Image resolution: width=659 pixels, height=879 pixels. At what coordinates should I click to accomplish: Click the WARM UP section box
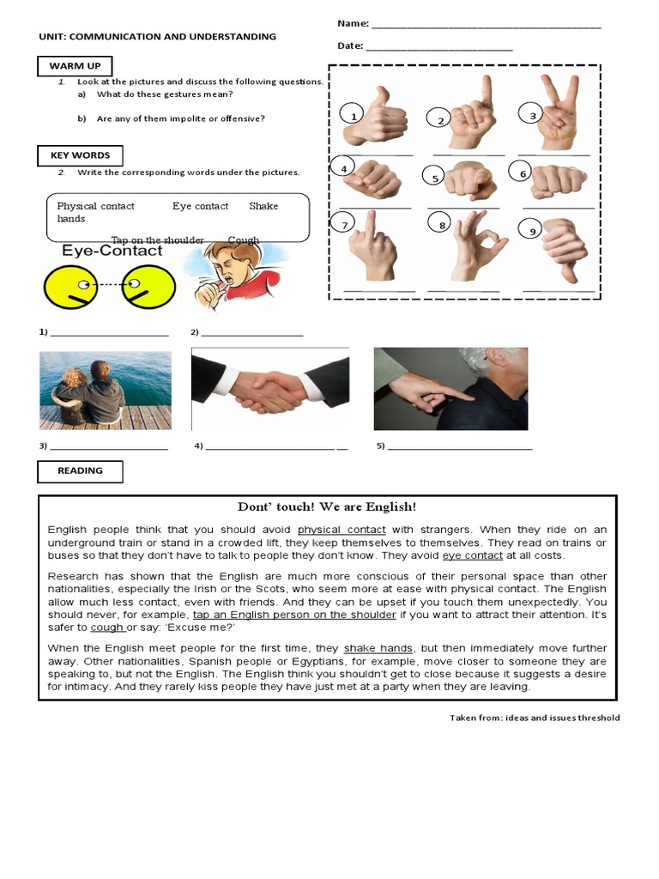(75, 66)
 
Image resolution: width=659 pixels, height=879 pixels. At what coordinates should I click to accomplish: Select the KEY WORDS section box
(80, 155)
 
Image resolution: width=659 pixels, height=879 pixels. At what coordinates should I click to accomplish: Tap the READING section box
(80, 471)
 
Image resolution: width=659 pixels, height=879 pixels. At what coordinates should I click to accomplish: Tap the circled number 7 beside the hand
(343, 225)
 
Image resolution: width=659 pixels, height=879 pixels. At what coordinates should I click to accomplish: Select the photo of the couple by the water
(105, 390)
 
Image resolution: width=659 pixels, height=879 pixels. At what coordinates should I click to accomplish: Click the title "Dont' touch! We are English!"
(327, 507)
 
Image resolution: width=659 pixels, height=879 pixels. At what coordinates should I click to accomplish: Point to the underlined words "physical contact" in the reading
(342, 530)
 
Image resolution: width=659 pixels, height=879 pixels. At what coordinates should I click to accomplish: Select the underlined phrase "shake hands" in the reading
(378, 648)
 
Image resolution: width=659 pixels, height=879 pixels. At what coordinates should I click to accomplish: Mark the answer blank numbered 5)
(460, 447)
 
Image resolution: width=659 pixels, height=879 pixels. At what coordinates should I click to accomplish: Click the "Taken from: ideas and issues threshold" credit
(534, 718)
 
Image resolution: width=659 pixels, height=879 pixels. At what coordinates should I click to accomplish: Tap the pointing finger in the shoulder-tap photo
(433, 392)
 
